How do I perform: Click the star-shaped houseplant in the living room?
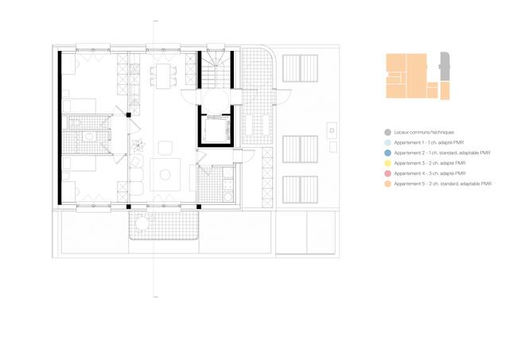[140, 145]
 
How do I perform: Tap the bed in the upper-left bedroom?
[80, 79]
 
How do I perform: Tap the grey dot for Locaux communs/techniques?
[387, 132]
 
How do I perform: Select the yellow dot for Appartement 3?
[387, 163]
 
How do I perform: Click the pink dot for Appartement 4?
[387, 173]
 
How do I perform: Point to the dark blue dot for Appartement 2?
[387, 153]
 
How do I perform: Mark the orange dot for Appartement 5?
[387, 184]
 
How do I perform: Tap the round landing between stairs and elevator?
[215, 99]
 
